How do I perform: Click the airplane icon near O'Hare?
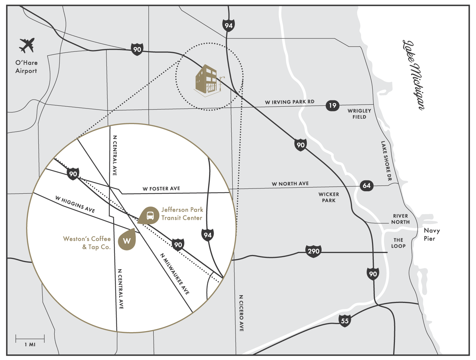click(27, 45)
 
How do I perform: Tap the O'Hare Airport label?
click(26, 67)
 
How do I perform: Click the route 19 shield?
click(332, 105)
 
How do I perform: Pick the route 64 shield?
click(367, 186)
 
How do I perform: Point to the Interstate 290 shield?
click(313, 251)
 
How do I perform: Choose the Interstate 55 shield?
click(344, 321)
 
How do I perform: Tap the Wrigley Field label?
click(359, 114)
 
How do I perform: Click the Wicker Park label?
click(329, 197)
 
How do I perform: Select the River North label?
click(400, 219)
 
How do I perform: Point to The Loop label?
click(398, 243)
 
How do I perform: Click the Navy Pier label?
click(431, 234)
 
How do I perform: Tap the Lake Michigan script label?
click(413, 75)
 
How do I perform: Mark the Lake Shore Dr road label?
click(386, 161)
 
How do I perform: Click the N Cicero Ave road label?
click(241, 313)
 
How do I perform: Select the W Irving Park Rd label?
click(289, 102)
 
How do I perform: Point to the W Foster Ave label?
click(161, 189)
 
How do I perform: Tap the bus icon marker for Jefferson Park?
click(149, 215)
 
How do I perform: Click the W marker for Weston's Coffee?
click(127, 241)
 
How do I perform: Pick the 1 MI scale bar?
click(30, 340)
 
